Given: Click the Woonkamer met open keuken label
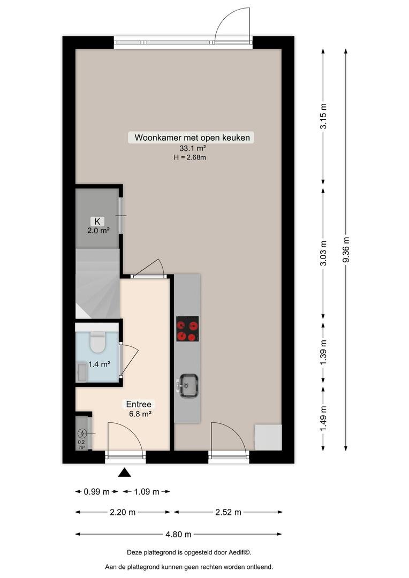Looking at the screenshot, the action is point(192,138).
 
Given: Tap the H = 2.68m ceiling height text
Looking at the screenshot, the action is point(190,157).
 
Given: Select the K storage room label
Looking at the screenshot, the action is point(97,221).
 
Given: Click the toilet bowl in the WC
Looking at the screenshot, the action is point(98,341).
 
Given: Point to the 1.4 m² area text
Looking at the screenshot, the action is point(99,364).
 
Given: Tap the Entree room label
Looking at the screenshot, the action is point(139,405).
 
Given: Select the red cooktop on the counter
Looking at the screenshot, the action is point(187,329).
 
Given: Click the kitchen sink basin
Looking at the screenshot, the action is point(189,385).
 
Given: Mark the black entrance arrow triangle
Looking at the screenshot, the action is point(124,473).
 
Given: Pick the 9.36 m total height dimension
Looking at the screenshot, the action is point(346,249).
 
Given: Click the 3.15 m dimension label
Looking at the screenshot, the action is point(323,116).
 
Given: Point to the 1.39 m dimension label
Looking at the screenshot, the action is point(323,352).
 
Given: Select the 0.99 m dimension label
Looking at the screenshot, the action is point(96,491).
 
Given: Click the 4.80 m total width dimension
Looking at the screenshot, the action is point(178,534).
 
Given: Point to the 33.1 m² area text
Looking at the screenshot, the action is point(192,149).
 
